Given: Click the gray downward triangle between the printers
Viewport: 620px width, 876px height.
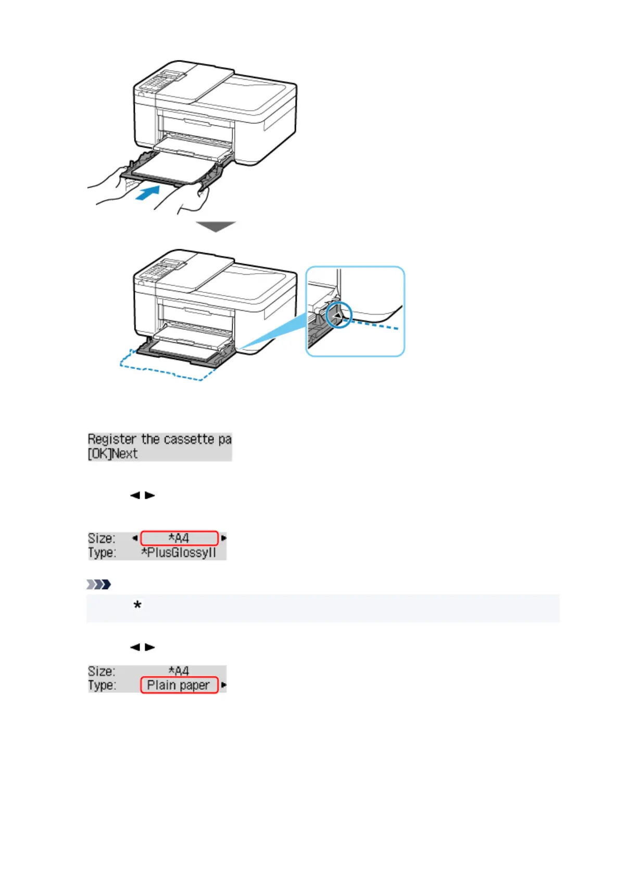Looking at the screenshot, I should tap(216, 226).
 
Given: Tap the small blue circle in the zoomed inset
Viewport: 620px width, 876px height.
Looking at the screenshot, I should tap(339, 315).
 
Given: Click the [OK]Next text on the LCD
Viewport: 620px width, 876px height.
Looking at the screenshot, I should tap(112, 454).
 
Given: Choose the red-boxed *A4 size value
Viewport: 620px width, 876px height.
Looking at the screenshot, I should tap(179, 538).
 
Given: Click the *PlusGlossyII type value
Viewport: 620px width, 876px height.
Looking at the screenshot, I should tap(179, 552).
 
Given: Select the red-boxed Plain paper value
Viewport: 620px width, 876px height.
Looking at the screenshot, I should tap(179, 685).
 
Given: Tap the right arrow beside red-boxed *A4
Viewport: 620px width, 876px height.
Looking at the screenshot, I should tap(224, 538).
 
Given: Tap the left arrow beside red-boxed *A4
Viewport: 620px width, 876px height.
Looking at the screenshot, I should tap(135, 538).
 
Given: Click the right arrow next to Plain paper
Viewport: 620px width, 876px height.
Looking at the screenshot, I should tap(224, 685).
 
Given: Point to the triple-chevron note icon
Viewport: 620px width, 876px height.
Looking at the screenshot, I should tap(99, 584).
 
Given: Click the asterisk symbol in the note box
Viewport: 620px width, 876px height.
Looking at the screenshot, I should tap(137, 605).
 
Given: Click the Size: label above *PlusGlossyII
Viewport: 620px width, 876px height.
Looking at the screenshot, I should tap(102, 538).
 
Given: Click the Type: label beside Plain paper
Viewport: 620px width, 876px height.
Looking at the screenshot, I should tap(102, 685).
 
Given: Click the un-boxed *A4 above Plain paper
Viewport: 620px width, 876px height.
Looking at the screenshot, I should tap(179, 671).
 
